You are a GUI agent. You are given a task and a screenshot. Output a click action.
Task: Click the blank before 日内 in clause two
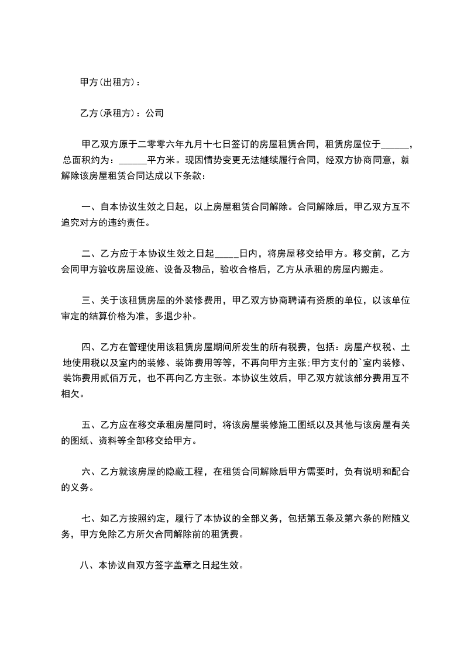coord(226,253)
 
